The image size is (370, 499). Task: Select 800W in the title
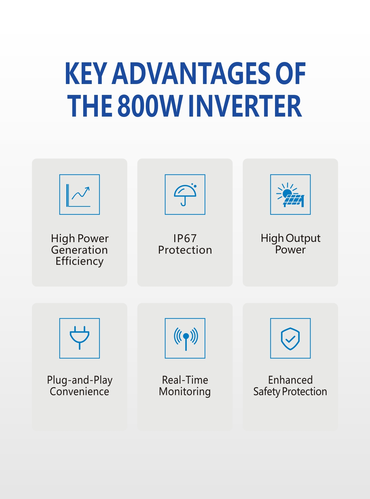pyautogui.click(x=150, y=106)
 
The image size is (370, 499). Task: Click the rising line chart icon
pyautogui.click(x=79, y=194)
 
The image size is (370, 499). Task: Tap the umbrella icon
pyautogui.click(x=185, y=194)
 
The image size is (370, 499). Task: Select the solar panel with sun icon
pyautogui.click(x=290, y=194)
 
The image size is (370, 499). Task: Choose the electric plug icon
pyautogui.click(x=79, y=338)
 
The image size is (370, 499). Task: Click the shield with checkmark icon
pyautogui.click(x=290, y=338)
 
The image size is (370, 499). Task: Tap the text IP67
pyautogui.click(x=185, y=238)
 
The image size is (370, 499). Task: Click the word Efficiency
pyautogui.click(x=79, y=261)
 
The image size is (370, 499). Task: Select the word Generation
pyautogui.click(x=79, y=250)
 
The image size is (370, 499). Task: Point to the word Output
pyautogui.click(x=303, y=238)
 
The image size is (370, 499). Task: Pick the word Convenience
pyautogui.click(x=79, y=392)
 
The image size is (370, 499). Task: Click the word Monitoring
pyautogui.click(x=185, y=392)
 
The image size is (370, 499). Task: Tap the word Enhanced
pyautogui.click(x=290, y=380)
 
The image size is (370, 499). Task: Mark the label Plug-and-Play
pyautogui.click(x=80, y=380)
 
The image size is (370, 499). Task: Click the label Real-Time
pyautogui.click(x=185, y=380)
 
